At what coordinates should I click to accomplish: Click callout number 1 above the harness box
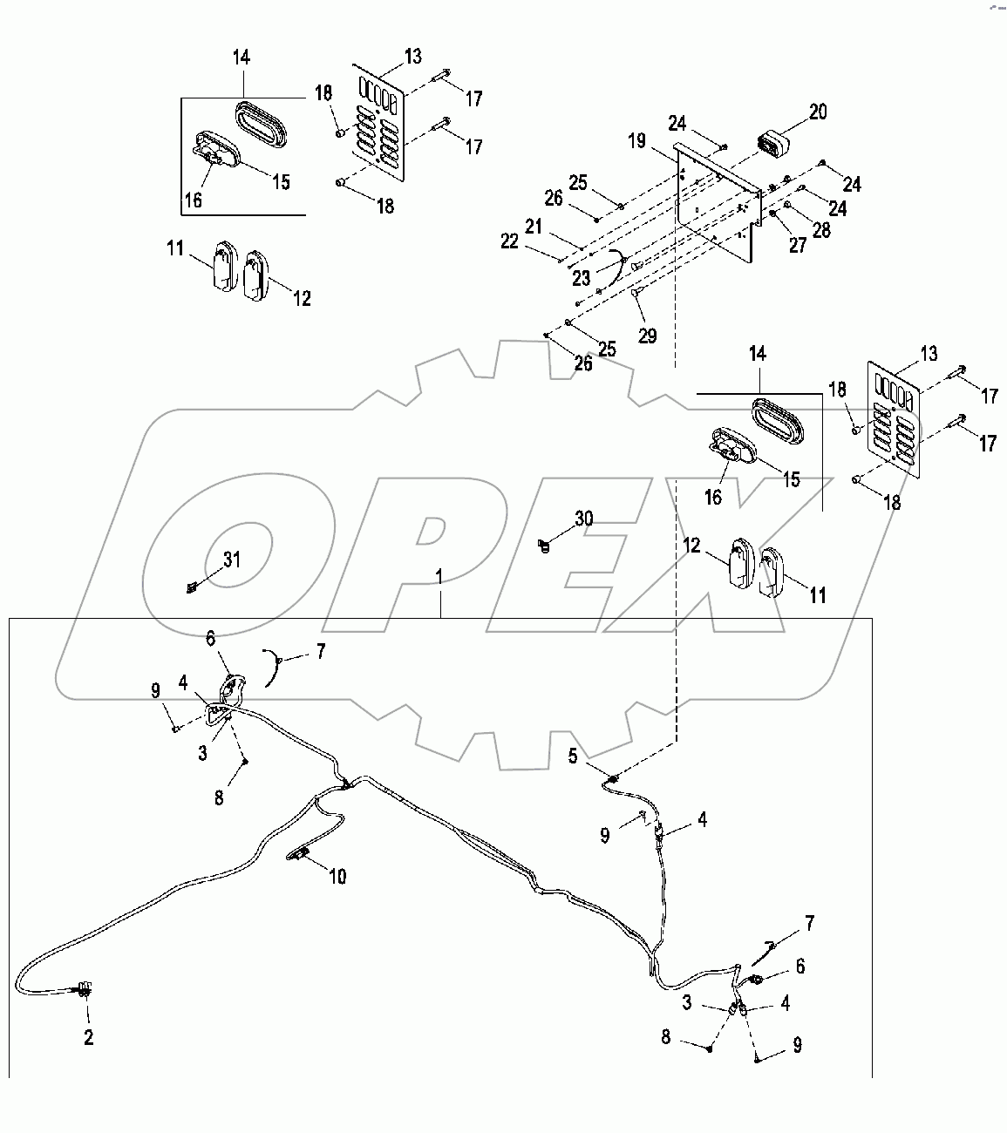coord(441,577)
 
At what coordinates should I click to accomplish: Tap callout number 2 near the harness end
coord(88,1037)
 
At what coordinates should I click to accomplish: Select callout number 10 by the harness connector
coord(337,877)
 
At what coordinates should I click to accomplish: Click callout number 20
coord(818,112)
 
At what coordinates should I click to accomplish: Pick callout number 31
coord(230,560)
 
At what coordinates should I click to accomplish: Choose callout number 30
coord(583,519)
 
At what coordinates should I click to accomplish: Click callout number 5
coord(573,756)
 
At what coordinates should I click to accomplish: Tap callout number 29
coord(647,336)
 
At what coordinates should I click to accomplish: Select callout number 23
coord(581,279)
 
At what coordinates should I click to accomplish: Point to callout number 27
coord(798,246)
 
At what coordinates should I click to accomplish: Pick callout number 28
coord(821,230)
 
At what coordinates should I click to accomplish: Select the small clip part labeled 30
coord(545,546)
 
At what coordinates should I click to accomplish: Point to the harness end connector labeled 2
coord(84,989)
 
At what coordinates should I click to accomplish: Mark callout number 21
coord(558,227)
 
